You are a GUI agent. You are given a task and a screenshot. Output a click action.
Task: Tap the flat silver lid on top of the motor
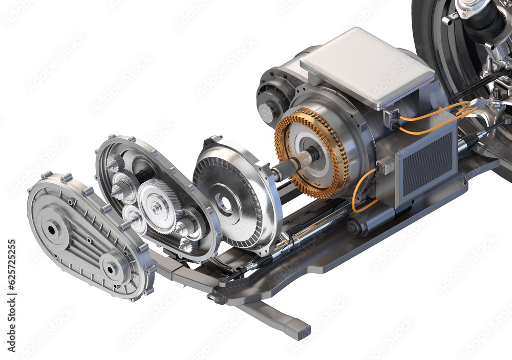[x=367, y=67]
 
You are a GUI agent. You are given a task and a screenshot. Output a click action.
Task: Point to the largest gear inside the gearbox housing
[x=158, y=206]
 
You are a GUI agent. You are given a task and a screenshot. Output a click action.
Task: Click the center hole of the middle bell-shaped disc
[x=224, y=203]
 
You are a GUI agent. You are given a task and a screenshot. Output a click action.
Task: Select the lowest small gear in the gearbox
[x=187, y=244]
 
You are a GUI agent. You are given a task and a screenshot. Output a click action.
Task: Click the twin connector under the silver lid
[x=393, y=119]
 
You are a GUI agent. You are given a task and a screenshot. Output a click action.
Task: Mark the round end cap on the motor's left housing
[x=266, y=112]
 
